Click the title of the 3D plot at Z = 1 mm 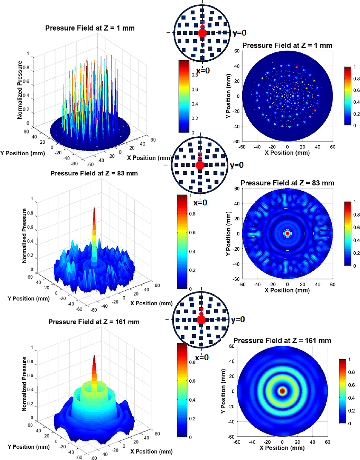coord(90,28)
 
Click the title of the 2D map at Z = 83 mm coord(287,183)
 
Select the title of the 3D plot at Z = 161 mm coord(94,322)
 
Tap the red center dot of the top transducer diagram coord(202,33)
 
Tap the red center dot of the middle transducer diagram coord(200,165)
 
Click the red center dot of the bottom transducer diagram coord(201,320)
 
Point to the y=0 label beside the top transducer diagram coord(239,33)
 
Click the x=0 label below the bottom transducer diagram coord(202,358)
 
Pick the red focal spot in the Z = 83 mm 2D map coord(287,233)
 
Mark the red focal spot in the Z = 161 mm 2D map coord(282,391)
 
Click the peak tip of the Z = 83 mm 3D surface coord(94,208)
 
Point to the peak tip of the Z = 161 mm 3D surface coord(94,356)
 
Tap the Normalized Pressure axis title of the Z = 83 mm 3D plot coord(24,236)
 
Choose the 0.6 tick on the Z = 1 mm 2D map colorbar coord(356,90)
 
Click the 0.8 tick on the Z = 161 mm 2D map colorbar coord(351,372)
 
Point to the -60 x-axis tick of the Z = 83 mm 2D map coord(242,285)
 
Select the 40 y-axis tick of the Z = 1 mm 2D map coord(237,66)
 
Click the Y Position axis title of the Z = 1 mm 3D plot coord(22,153)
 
